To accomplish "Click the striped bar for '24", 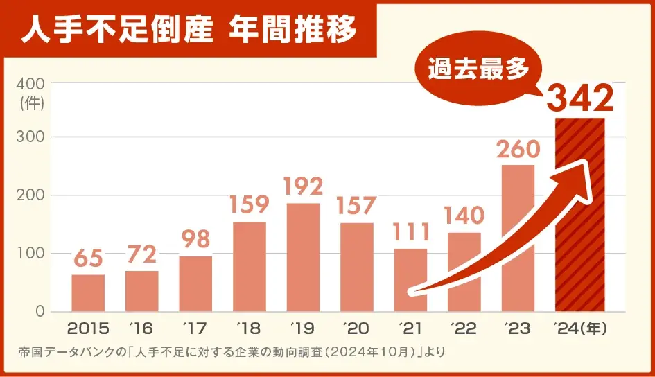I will (580, 215).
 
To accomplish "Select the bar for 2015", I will (88, 293).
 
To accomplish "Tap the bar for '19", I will (303, 257).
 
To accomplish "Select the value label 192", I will (303, 187).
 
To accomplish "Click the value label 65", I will (88, 259).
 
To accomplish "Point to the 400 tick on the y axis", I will (31, 84).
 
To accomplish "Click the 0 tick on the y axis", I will (40, 311).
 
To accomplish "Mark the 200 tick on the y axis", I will (31, 195).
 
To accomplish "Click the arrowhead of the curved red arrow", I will (582, 173).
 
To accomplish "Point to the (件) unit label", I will (32, 103).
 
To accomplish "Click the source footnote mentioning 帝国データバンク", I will (232, 352).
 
